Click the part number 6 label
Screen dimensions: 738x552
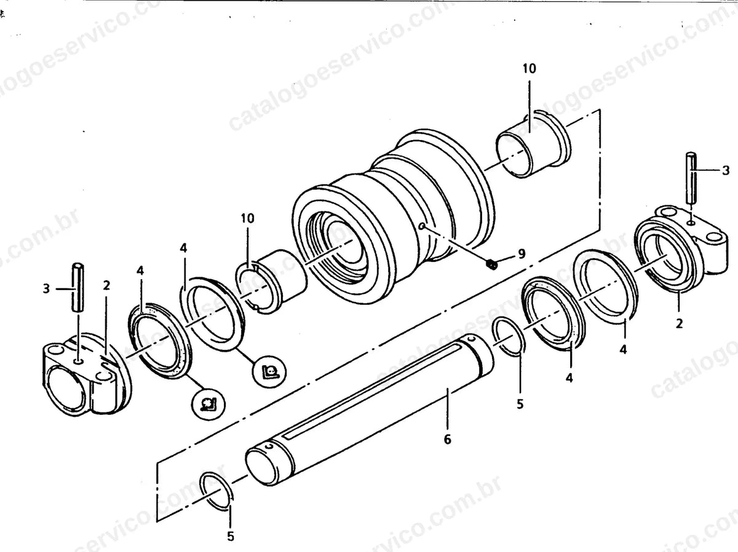[x=447, y=440]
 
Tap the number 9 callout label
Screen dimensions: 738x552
[x=521, y=254]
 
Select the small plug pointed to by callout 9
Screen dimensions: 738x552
[x=491, y=264]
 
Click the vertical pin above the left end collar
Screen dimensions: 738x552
[x=77, y=287]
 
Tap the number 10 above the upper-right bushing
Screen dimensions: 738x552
[x=530, y=68]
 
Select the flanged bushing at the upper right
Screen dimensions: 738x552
[x=534, y=144]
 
